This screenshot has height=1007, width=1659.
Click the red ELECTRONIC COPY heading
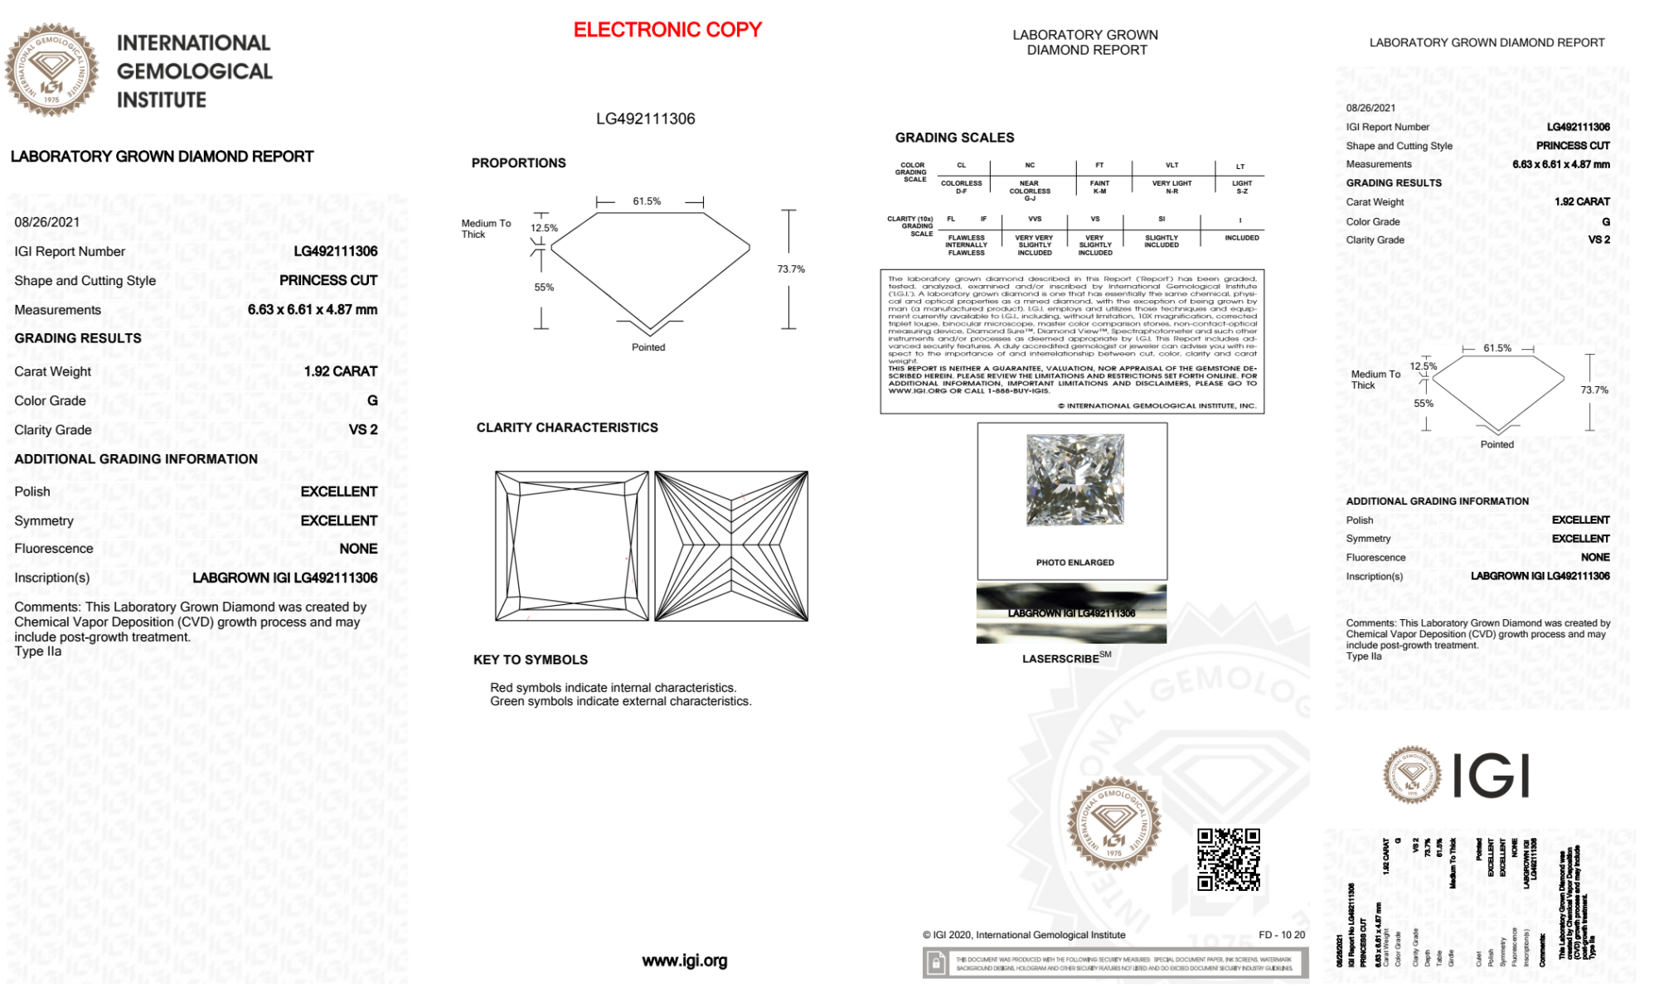click(x=667, y=30)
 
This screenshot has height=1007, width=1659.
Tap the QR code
click(x=1228, y=859)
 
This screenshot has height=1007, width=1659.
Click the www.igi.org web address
click(x=684, y=961)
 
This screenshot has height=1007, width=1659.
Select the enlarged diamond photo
click(x=1075, y=480)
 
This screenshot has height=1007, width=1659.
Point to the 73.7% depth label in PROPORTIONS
click(x=790, y=269)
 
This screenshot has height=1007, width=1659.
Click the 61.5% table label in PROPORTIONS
click(x=647, y=201)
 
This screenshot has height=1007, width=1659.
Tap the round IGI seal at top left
click(x=51, y=70)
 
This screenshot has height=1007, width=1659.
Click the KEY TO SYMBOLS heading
click(x=531, y=660)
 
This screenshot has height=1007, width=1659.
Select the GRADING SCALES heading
click(x=954, y=138)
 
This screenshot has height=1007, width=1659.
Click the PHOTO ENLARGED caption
click(x=1074, y=563)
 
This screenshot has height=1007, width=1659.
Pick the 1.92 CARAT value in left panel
click(x=340, y=371)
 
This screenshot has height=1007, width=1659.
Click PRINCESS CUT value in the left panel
click(x=327, y=280)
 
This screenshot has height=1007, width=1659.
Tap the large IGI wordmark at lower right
click(x=1491, y=777)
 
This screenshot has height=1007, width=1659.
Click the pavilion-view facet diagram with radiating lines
click(x=731, y=546)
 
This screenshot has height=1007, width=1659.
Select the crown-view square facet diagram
click(x=572, y=546)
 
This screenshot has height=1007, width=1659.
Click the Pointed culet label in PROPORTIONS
click(x=648, y=347)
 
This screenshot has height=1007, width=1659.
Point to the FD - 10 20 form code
click(x=1281, y=935)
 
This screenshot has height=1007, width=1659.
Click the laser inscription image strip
click(x=1071, y=613)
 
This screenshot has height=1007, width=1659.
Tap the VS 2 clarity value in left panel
click(x=362, y=429)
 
